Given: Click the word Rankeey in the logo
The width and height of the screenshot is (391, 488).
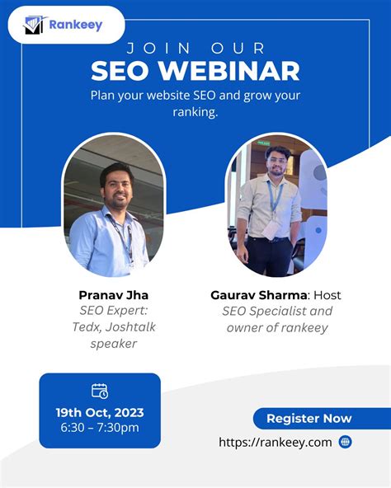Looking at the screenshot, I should tap(75, 25).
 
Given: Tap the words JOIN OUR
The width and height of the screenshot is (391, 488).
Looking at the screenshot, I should tap(195, 47).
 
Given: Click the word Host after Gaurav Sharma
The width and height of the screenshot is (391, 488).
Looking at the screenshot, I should tap(325, 295).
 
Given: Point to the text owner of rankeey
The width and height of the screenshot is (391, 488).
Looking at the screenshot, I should tap(277, 327).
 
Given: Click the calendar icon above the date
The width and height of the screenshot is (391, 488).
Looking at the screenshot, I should tap(99, 390).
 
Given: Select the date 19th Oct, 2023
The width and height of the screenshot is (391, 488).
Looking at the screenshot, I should tap(99, 412).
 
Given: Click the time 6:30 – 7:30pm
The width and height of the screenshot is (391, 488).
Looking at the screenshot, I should tap(99, 427).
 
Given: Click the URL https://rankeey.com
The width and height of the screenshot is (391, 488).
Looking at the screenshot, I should tap(276, 443).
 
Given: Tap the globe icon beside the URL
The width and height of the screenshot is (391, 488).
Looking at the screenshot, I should tap(345, 442).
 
